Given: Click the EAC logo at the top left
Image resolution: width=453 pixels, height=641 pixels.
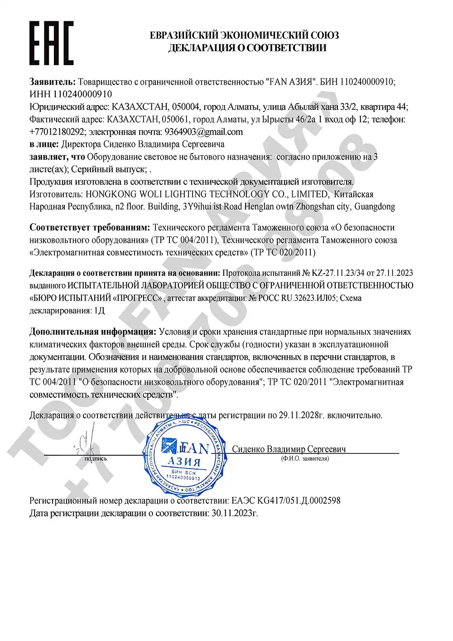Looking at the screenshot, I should tap(51, 43).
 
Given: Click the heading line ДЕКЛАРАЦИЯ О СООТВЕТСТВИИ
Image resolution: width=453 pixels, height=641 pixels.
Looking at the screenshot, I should tap(247, 48).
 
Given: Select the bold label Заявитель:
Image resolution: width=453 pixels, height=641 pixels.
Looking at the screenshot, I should tap(53, 82).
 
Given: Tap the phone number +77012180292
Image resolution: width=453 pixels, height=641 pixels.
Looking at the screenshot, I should tap(58, 132).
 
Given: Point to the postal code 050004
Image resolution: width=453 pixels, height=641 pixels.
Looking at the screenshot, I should tap(185, 107).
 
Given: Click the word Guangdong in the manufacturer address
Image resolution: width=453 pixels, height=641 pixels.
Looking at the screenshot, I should tap(375, 207).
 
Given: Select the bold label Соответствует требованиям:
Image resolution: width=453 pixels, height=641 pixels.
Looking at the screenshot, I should tap(89, 227).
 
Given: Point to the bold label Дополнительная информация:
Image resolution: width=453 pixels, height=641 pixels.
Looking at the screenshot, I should tap(92, 332).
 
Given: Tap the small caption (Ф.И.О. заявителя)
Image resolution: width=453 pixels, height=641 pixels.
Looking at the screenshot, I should tap(304, 458).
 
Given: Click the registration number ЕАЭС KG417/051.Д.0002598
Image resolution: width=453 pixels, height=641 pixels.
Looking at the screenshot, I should tap(286, 501).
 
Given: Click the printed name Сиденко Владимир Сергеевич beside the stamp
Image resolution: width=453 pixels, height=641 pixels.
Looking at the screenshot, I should tap(289, 449).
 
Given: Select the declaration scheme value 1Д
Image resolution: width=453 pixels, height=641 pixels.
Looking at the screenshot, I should tap(98, 311).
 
